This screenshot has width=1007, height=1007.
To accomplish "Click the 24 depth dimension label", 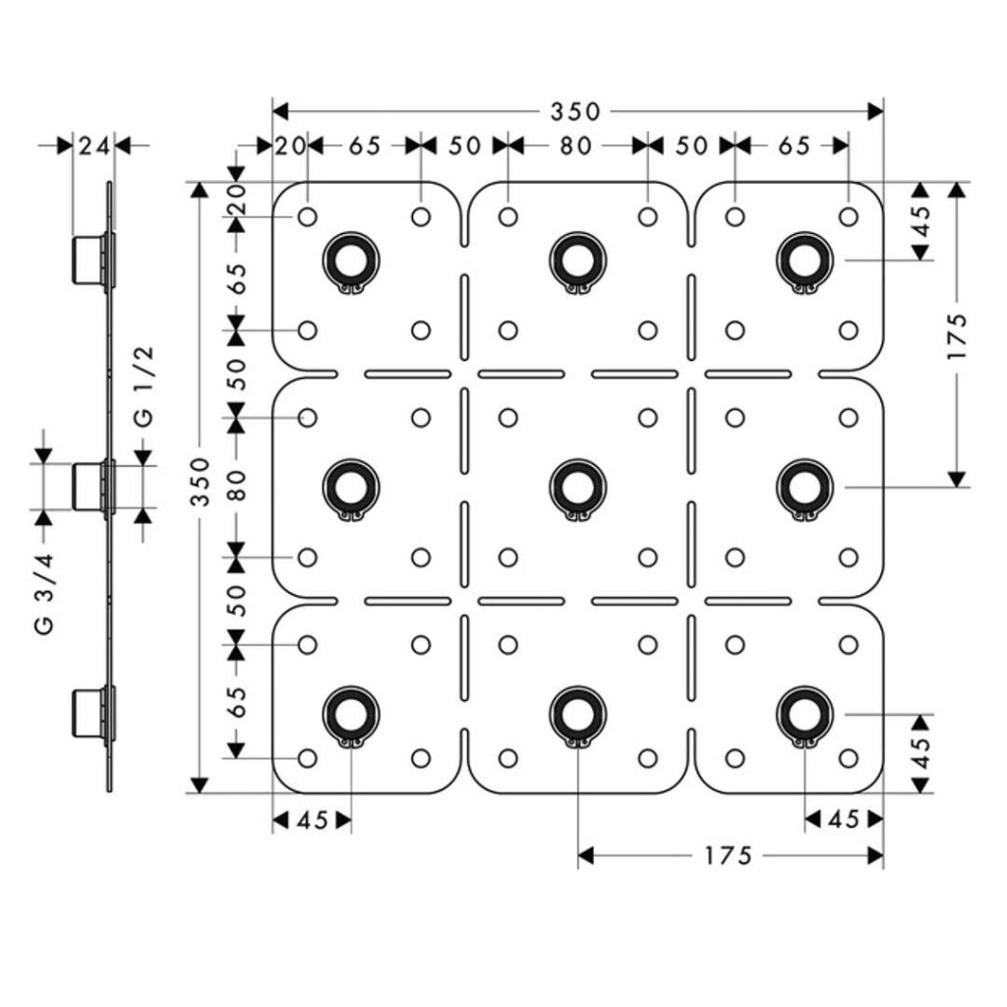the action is click(94, 147).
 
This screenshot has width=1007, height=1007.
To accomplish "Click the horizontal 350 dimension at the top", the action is click(575, 112).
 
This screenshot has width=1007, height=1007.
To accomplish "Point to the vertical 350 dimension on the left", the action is click(201, 481).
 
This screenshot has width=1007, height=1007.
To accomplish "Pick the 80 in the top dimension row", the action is click(575, 147).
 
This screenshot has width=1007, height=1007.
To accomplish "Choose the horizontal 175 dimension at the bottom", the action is click(729, 856).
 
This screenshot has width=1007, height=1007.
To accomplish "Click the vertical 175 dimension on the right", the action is click(957, 336).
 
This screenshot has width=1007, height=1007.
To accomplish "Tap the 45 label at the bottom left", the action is click(314, 820).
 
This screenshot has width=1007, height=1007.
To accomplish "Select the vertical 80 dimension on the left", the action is click(237, 485).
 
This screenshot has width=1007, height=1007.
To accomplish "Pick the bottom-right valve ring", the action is click(804, 715).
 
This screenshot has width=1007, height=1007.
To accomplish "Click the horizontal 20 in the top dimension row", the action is click(290, 147).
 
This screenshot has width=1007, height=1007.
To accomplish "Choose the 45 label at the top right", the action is click(920, 221).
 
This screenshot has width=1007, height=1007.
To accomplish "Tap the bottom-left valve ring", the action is click(351, 715).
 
